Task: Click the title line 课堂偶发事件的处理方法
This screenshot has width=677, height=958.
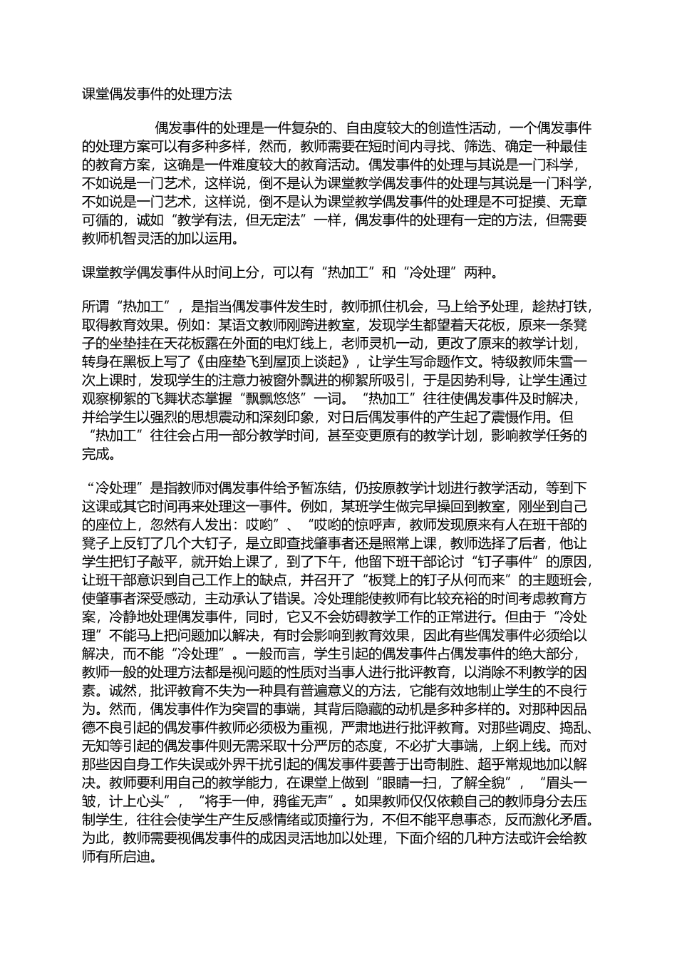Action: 157,93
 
